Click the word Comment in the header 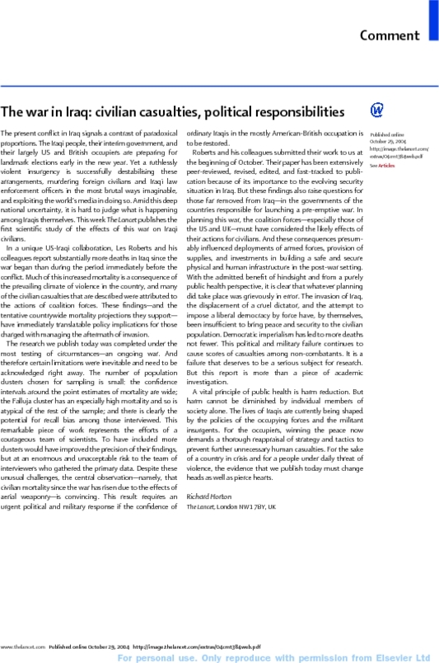tap(390, 35)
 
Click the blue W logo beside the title tap(377, 110)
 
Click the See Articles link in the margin tap(381, 166)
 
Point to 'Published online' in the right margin tap(386, 134)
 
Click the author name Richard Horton tap(210, 496)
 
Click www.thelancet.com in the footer tap(21, 647)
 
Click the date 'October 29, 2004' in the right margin tap(386, 141)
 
